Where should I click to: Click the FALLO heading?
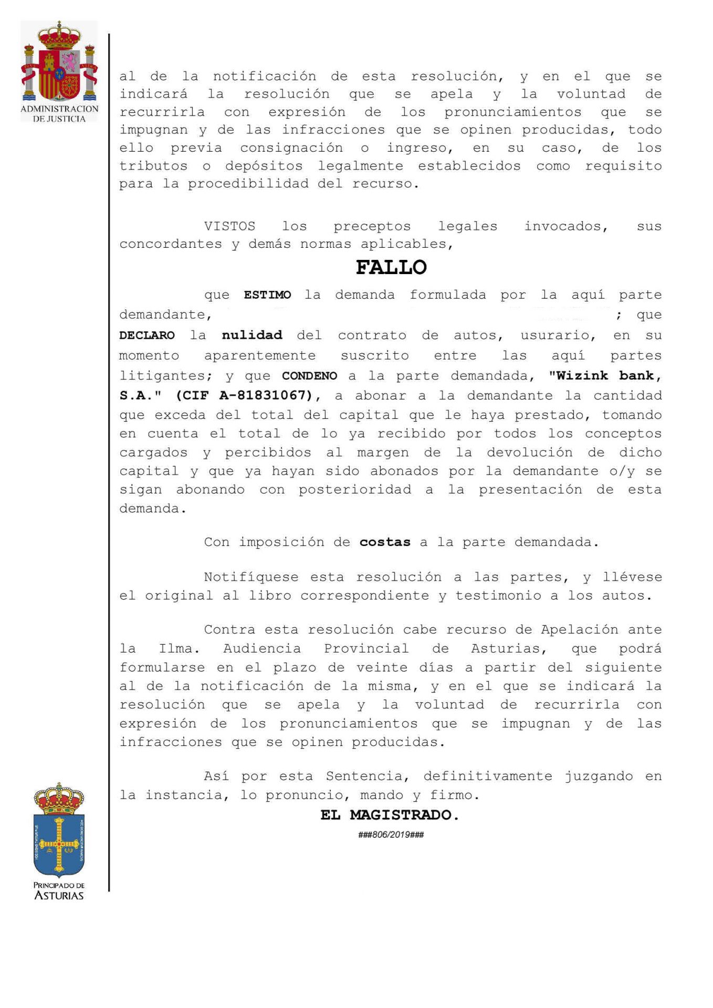(391, 268)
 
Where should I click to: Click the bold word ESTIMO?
(267, 295)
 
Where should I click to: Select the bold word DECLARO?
(147, 335)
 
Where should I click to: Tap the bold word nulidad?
(252, 335)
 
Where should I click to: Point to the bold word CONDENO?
(310, 376)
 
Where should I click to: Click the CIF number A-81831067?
(266, 395)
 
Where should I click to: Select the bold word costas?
(385, 542)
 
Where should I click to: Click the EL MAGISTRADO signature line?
(390, 815)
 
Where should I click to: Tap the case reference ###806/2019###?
(391, 835)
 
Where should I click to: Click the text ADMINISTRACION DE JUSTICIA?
(59, 114)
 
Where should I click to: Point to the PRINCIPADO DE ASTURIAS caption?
(59, 891)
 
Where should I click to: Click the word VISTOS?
(229, 227)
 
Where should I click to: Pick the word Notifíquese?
(251, 577)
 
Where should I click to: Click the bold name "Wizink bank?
(605, 376)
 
